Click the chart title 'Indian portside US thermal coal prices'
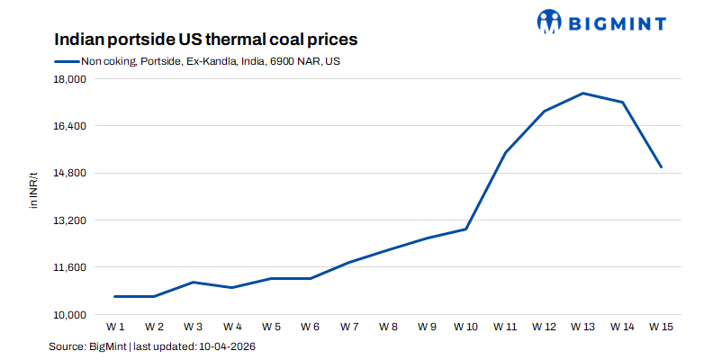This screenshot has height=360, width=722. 206,40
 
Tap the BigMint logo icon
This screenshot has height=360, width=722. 550,21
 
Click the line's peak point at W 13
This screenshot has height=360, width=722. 583,94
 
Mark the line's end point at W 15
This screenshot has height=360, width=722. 662,167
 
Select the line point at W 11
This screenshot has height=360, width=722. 505,153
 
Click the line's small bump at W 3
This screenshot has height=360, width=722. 194,282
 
